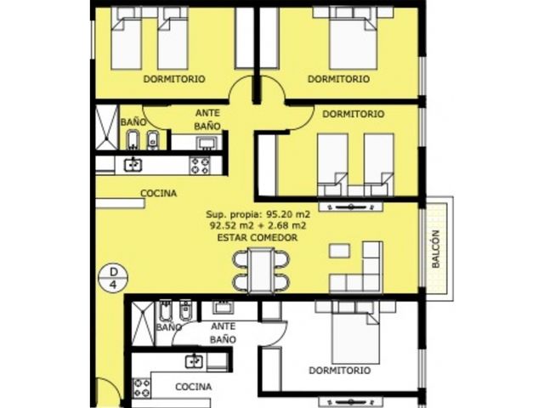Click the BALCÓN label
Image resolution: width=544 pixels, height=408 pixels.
tap(436, 249)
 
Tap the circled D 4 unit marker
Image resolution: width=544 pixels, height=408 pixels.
tap(113, 279)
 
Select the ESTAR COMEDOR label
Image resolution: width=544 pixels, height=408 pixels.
tap(257, 238)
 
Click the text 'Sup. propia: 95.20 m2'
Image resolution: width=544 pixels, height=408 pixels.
tap(258, 214)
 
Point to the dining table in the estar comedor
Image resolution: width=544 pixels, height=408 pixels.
tap(261, 270)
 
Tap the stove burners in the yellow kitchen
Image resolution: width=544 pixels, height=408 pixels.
tap(201, 165)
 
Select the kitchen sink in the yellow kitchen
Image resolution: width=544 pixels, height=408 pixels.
tap(133, 164)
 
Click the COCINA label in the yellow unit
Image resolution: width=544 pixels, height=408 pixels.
tap(158, 193)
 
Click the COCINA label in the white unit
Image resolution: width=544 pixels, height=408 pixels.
tap(194, 387)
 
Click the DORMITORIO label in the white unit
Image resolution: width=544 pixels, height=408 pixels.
tap(340, 371)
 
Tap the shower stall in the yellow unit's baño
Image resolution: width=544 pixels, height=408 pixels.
tap(106, 127)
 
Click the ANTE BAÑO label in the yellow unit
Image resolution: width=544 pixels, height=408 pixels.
tap(207, 120)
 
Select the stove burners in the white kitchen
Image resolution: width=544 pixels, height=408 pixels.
tap(142, 388)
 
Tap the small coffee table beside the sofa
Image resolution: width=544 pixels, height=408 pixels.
tap(339, 251)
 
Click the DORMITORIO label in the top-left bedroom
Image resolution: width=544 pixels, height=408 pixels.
tap(174, 79)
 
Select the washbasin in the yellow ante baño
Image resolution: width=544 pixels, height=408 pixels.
tap(207, 143)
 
